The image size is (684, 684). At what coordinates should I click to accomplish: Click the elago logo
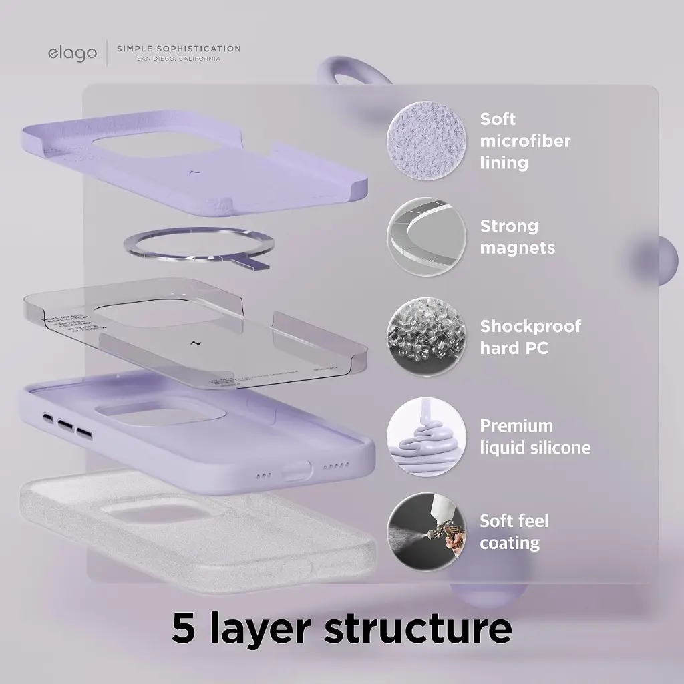coord(72,53)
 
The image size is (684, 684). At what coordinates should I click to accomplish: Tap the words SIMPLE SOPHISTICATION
coord(179,49)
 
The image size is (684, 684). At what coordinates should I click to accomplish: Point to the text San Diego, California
coord(179,59)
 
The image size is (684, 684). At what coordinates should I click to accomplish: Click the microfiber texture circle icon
coord(426,141)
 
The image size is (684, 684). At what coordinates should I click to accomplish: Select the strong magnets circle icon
coord(426,237)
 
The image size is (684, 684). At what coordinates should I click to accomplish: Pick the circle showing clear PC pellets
coord(426,337)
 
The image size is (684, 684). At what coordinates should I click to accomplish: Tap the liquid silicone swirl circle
coord(426,436)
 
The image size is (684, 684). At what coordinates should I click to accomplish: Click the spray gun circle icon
coord(426,532)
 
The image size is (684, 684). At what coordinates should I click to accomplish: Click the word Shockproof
coord(530,326)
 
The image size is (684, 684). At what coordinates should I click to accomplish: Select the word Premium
coord(516,425)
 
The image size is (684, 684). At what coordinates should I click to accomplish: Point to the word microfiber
coord(525,141)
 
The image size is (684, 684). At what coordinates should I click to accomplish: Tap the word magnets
coord(518,248)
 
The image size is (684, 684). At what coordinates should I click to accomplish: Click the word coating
coord(510,543)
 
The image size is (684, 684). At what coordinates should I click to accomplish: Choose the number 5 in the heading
coord(183,628)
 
